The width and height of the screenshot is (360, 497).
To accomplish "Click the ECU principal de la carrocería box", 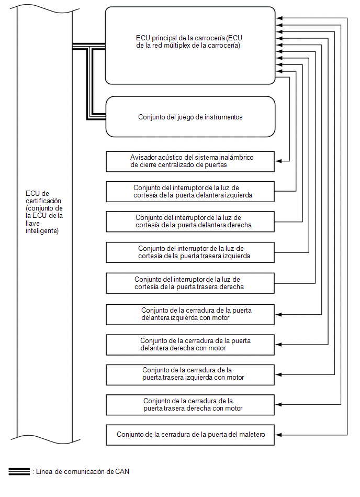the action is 190,46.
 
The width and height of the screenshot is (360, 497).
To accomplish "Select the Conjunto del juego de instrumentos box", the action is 190,117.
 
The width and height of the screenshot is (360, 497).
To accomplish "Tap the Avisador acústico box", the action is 190,161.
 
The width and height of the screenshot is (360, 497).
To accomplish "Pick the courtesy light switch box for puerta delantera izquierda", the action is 190,192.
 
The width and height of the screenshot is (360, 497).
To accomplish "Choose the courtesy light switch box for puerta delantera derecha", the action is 190,222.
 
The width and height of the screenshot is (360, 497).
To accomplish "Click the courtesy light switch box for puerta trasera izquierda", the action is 190,252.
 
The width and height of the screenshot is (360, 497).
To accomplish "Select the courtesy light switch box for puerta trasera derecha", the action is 190,283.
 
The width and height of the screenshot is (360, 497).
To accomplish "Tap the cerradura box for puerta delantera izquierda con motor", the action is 190,314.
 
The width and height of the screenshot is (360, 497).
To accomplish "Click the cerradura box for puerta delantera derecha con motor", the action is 190,345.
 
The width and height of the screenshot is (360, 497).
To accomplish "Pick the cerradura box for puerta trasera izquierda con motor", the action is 190,374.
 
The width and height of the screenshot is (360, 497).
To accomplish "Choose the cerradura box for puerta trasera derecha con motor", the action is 190,405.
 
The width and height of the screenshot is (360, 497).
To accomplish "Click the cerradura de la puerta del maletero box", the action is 190,435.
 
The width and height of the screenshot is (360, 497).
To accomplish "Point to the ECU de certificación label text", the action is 44,212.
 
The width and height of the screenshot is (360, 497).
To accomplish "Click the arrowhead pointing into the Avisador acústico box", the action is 278,161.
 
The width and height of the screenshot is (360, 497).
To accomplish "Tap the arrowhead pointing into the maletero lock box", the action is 278,435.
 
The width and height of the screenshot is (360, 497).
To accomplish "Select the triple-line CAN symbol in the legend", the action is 19,472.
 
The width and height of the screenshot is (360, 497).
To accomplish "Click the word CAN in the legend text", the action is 122,472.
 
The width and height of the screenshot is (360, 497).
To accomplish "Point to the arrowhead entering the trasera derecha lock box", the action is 278,404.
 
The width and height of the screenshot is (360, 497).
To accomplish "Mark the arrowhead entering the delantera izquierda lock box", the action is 278,314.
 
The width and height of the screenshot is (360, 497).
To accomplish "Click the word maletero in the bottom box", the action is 252,435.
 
